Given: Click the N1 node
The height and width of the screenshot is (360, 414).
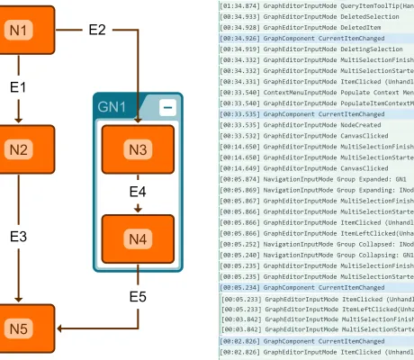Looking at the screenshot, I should (x=20, y=30).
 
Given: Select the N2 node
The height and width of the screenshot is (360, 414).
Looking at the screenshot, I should (x=20, y=150).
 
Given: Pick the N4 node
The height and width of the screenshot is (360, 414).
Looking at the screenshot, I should (x=136, y=239).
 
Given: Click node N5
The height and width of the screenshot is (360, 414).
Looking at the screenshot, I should (x=20, y=328).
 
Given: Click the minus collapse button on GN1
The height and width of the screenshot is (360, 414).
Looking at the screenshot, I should (x=167, y=107).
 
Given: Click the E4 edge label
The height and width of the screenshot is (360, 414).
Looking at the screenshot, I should (x=137, y=193).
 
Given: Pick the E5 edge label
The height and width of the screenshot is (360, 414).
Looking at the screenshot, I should (x=137, y=297).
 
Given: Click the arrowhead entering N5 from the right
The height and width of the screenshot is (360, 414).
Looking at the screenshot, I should (x=58, y=328).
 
